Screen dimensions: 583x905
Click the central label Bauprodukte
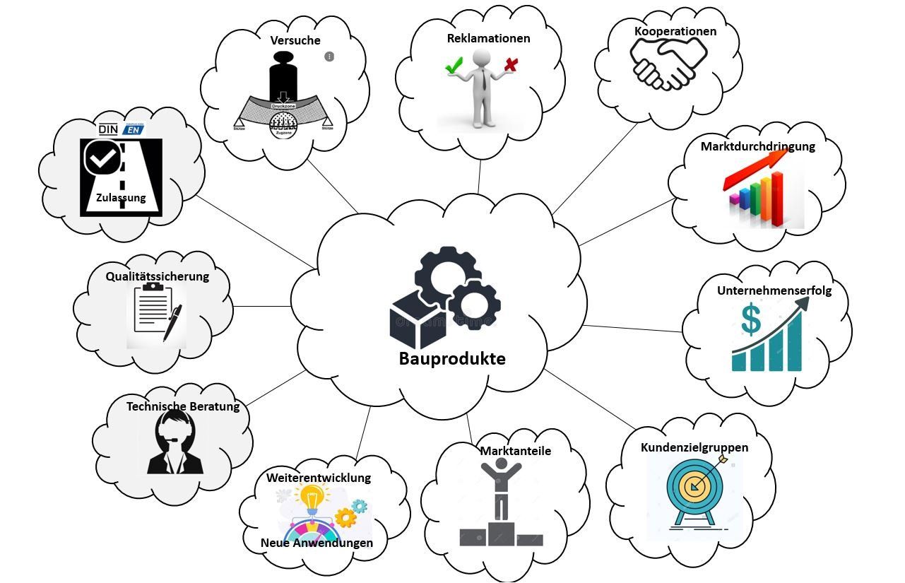pyautogui.click(x=452, y=358)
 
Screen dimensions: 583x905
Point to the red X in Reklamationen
pyautogui.click(x=511, y=66)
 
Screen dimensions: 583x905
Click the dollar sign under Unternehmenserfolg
pyautogui.click(x=750, y=319)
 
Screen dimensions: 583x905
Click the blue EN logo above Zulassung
pyautogui.click(x=132, y=129)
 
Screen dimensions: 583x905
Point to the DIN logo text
pyautogui.click(x=108, y=129)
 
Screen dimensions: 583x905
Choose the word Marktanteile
pyautogui.click(x=516, y=451)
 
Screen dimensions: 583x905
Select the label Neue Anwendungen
pyautogui.click(x=317, y=543)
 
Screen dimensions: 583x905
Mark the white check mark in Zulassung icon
pyautogui.click(x=103, y=158)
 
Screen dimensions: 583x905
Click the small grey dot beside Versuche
pyautogui.click(x=329, y=57)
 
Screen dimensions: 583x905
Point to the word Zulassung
pyautogui.click(x=121, y=198)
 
